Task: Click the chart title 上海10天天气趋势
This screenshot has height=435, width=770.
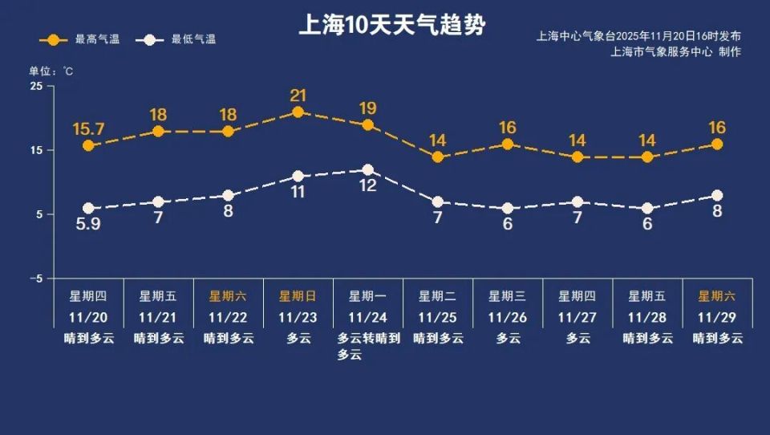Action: pos(391,25)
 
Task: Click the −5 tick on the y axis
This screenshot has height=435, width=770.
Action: pos(35,278)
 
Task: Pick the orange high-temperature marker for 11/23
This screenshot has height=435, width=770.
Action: pos(298,112)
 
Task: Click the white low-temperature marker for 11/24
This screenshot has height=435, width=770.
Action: pos(367,170)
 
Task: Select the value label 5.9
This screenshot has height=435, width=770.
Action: pos(88,226)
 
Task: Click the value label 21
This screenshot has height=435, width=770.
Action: pos(298,96)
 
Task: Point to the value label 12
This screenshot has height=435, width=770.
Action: pos(367,186)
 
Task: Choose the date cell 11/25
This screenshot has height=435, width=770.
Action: pos(437,317)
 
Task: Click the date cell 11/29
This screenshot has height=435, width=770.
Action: pos(716,317)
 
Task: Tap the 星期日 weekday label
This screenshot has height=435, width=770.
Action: pos(298,296)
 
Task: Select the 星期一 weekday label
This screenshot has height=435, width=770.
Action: pos(367,296)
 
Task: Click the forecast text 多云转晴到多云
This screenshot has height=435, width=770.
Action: pos(367,346)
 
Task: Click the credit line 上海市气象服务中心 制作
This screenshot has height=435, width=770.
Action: pos(675,52)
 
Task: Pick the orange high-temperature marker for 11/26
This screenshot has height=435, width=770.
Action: pos(507,144)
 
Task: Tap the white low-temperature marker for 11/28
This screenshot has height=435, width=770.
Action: pos(646,209)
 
